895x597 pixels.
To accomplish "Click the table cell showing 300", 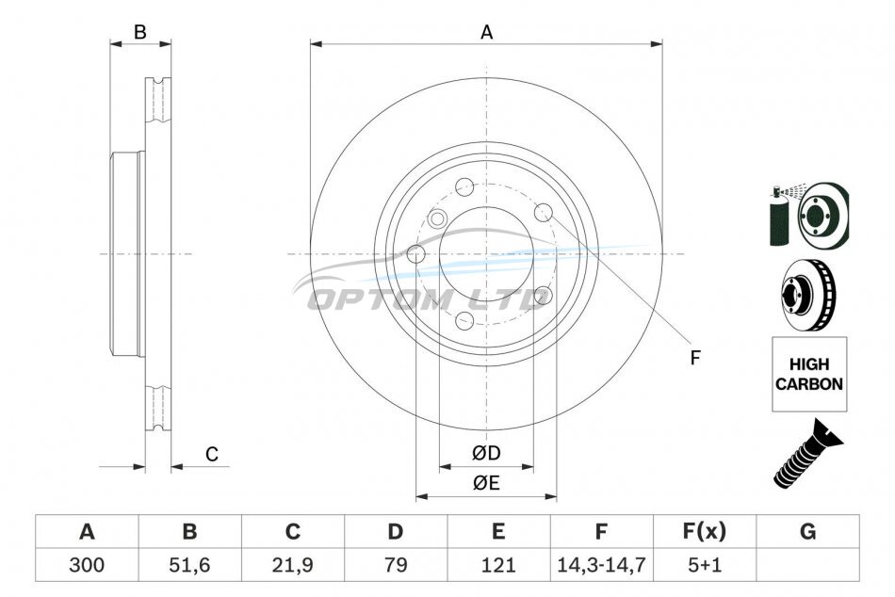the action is click(87, 565).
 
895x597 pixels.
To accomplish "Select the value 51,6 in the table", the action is click(189, 565).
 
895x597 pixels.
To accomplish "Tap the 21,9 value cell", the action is click(293, 565).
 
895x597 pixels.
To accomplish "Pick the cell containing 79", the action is click(396, 565).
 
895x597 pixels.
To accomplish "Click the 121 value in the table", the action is click(498, 565).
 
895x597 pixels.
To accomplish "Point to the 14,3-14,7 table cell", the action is click(602, 565).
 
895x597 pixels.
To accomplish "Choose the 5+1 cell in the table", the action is click(705, 565).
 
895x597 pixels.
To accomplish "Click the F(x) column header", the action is click(705, 531).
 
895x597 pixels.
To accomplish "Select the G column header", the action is click(807, 531).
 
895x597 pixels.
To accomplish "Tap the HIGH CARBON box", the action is click(809, 374).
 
